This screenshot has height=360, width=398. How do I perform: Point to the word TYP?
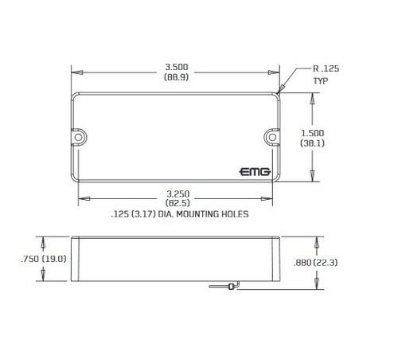tap(320, 80)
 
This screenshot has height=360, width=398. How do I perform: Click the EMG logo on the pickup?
tap(255, 171)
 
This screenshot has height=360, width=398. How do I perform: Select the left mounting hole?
tap(80, 137)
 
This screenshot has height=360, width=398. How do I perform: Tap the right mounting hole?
tap(271, 137)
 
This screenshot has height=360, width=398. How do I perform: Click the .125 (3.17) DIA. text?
tap(142, 214)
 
